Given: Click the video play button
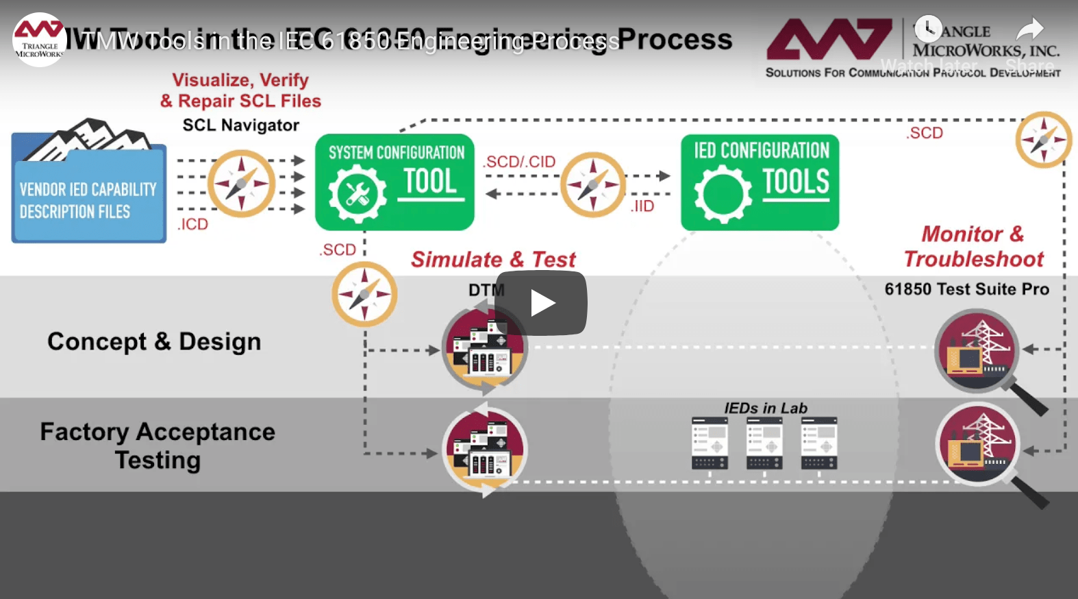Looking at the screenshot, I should (x=541, y=303).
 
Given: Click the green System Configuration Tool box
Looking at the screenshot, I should (x=394, y=182).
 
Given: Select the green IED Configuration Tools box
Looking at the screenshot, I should (x=760, y=182).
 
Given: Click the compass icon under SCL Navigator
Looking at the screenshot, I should (x=241, y=184).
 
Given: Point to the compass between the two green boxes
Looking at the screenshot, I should (x=592, y=185).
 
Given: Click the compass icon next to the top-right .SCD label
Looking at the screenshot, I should (x=1043, y=140).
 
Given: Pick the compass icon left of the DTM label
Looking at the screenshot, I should (x=364, y=295).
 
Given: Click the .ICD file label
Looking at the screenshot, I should (x=192, y=224).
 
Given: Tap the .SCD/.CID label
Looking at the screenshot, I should (x=519, y=162).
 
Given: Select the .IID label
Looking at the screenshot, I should (x=642, y=206).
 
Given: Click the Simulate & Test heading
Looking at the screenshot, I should (x=493, y=260).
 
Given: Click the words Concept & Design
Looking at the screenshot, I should (x=154, y=341).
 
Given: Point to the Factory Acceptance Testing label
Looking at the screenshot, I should (x=158, y=445).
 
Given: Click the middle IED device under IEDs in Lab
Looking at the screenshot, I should (x=764, y=443).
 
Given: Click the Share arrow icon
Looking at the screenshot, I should (x=1029, y=29).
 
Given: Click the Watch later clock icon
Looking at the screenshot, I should (x=928, y=29).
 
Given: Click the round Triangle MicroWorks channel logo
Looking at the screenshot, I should (x=40, y=40).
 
